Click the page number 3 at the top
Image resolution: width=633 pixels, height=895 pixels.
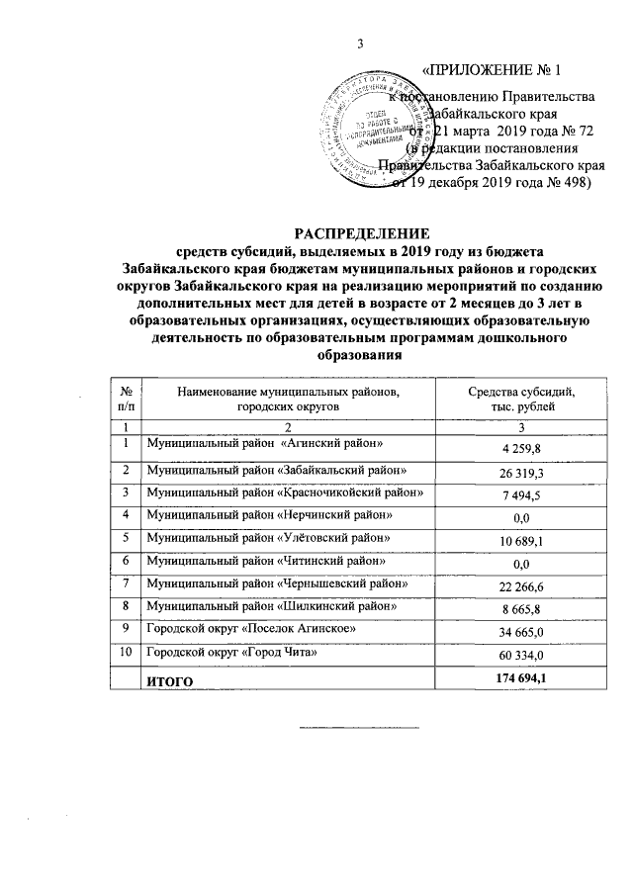(x=360, y=43)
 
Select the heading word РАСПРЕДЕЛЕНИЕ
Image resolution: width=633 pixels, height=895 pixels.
(x=359, y=235)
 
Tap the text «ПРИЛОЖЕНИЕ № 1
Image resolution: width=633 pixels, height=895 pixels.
(x=492, y=71)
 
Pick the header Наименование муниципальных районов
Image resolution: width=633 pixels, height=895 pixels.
(x=288, y=393)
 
